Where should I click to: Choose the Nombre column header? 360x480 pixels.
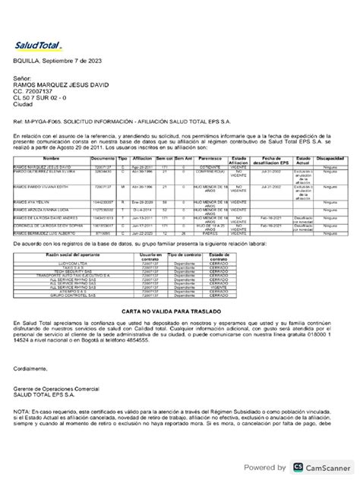(50, 159)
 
